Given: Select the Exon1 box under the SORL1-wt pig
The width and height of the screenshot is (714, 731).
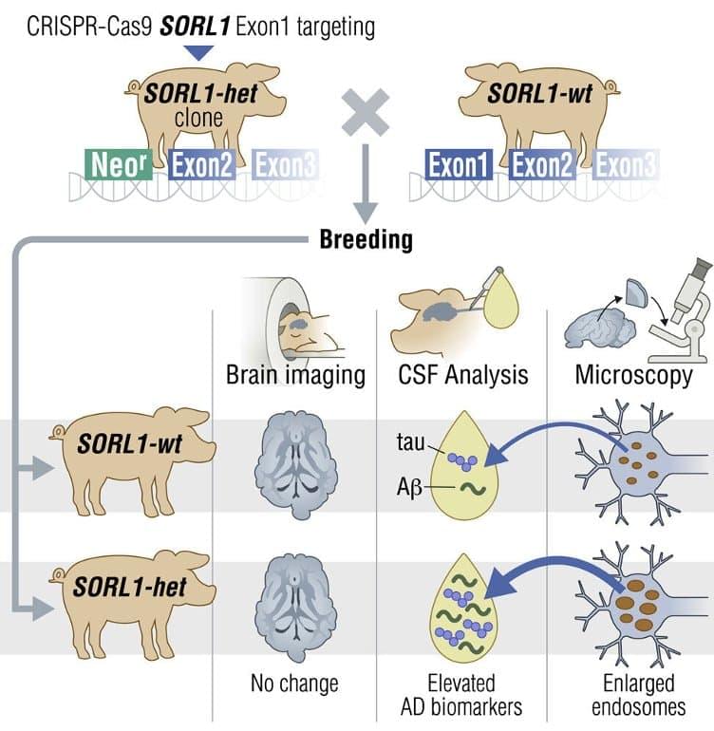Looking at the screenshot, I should [x=458, y=164].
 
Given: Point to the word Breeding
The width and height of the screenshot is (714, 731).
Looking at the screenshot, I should [x=365, y=238].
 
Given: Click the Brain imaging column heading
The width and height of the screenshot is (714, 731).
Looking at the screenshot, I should [x=295, y=374].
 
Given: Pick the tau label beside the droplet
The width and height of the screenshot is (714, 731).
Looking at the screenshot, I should [x=409, y=441].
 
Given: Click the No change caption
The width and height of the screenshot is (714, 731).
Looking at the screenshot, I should [x=294, y=683].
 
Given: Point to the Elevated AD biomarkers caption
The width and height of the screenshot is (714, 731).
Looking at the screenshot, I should [x=462, y=694].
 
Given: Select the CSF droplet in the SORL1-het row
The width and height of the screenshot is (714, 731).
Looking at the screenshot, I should [x=463, y=618].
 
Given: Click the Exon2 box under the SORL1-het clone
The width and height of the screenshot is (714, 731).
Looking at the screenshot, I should [x=201, y=164].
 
